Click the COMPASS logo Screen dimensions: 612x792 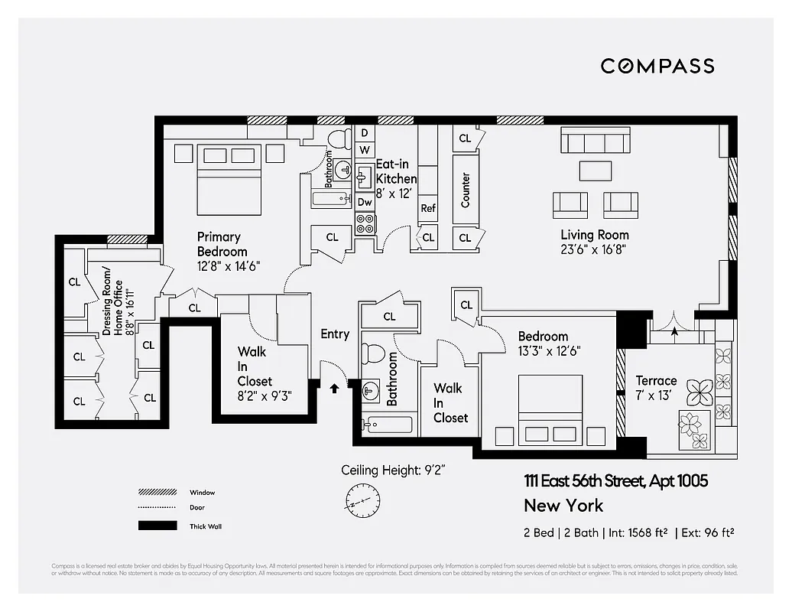click(x=657, y=66)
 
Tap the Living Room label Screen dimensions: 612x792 click(x=595, y=235)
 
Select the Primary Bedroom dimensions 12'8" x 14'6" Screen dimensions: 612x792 click(x=229, y=267)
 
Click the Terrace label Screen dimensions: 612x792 click(x=656, y=380)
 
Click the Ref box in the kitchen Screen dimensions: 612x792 click(x=428, y=208)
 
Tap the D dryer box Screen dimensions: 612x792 click(x=365, y=133)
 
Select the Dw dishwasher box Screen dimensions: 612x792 click(x=365, y=202)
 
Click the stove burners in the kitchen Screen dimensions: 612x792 click(x=365, y=223)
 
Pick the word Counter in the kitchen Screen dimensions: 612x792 click(x=465, y=190)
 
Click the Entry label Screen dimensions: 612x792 click(x=335, y=334)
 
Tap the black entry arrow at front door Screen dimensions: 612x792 click(x=333, y=388)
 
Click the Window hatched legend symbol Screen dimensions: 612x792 click(x=153, y=493)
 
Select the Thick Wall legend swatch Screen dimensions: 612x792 click(x=153, y=526)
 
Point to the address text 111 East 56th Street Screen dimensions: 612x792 click(x=615, y=481)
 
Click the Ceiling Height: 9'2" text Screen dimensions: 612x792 click(x=393, y=470)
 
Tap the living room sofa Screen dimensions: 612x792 click(x=596, y=142)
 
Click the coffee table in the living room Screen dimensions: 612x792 click(x=596, y=170)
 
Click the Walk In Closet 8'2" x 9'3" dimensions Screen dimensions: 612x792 click(x=265, y=396)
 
